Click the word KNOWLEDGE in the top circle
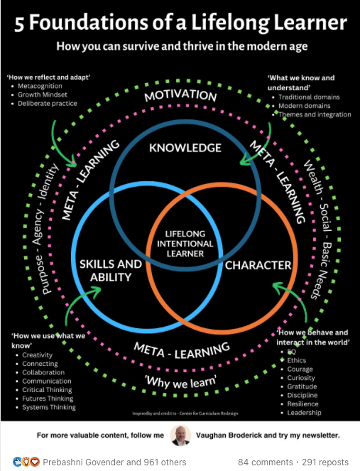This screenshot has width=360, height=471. click(185, 148)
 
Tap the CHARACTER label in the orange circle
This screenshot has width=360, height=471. click(258, 265)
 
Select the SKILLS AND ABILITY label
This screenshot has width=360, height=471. click(111, 271)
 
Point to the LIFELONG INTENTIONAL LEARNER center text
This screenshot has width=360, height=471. click(185, 244)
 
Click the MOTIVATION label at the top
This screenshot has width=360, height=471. click(180, 95)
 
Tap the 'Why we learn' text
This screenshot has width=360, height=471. click(181, 381)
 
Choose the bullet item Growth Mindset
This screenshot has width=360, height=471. click(43, 94)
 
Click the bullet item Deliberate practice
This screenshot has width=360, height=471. click(48, 103)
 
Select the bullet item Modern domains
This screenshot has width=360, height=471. click(304, 106)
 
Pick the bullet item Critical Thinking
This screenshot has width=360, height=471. click(47, 390)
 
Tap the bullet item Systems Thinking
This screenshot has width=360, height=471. click(49, 407)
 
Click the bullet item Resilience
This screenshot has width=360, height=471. click(302, 404)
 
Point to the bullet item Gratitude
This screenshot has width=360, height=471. click(302, 386)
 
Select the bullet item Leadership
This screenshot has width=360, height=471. click(304, 413)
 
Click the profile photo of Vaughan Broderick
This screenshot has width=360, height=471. click(180, 435)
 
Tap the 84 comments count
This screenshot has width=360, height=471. click(265, 462)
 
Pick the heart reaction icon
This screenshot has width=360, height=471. click(36, 462)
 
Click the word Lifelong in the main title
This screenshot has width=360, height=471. click(230, 23)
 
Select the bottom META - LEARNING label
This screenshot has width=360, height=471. click(182, 350)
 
